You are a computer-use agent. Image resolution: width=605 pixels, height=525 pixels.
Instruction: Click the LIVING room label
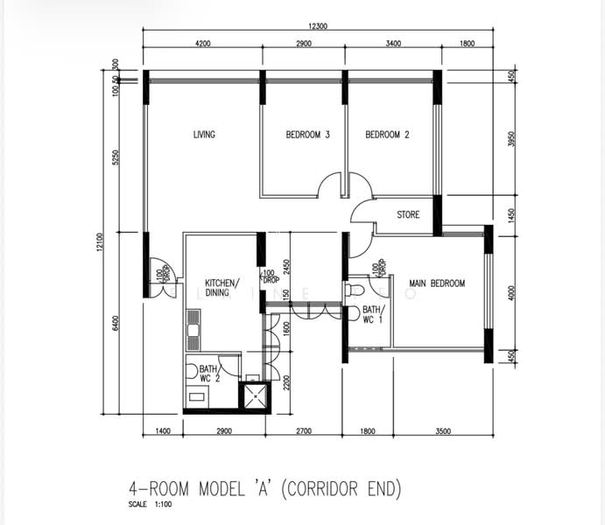click(204, 135)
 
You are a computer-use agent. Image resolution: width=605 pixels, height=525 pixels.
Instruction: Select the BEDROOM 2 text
click(387, 135)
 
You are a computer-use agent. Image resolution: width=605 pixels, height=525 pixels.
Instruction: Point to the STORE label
click(408, 214)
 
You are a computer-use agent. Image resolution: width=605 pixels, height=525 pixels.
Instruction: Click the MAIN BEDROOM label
click(437, 283)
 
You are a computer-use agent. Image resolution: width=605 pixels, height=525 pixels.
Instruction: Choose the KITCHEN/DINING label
click(222, 289)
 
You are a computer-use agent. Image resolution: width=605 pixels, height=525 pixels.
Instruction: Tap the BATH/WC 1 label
click(373, 315)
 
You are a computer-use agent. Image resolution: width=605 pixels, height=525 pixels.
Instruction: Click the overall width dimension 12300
click(317, 26)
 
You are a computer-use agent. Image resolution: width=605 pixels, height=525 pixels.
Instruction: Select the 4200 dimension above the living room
click(203, 44)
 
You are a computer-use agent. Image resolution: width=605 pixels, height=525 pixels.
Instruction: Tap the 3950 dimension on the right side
click(512, 140)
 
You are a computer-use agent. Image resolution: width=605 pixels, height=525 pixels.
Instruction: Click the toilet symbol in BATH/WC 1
click(355, 289)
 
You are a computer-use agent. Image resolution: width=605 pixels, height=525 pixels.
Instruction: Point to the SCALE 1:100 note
click(150, 505)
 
